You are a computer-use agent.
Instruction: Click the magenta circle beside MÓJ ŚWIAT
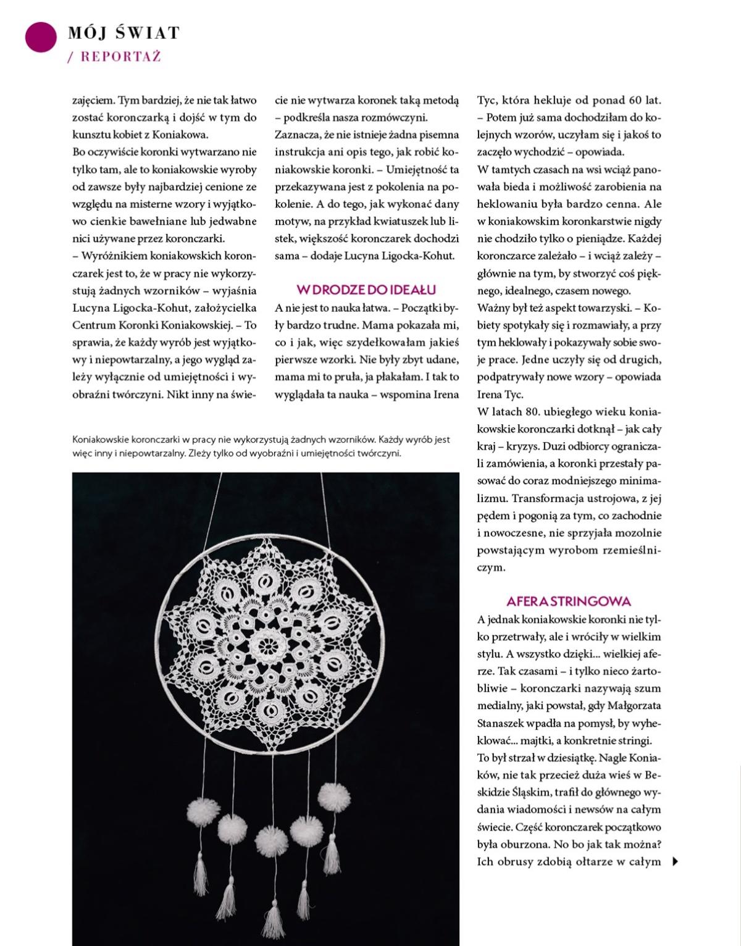[x=40, y=36]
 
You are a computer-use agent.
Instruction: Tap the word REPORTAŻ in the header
[x=120, y=56]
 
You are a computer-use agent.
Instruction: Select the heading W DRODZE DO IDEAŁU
[x=366, y=290]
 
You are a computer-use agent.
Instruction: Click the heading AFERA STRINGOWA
[x=569, y=601]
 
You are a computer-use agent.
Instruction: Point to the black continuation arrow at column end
[x=675, y=862]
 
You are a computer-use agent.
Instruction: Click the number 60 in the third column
[x=627, y=100]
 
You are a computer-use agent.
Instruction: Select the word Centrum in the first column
[x=93, y=324]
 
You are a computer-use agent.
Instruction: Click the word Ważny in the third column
[x=496, y=308]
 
